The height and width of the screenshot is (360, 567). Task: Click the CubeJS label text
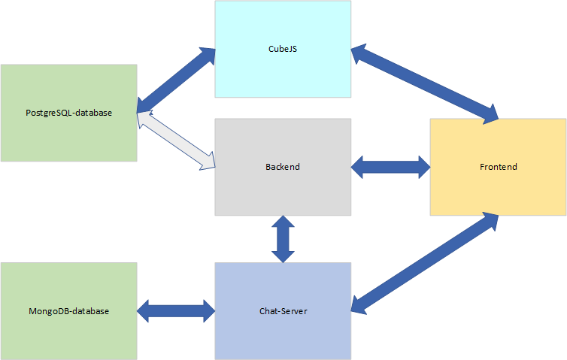pyautogui.click(x=283, y=49)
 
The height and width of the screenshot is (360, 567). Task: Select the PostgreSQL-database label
pyautogui.click(x=68, y=113)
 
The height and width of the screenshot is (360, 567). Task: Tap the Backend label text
pyautogui.click(x=283, y=167)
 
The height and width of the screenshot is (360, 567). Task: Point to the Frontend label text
pyautogui.click(x=498, y=167)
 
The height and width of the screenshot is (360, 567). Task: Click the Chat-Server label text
pyautogui.click(x=283, y=310)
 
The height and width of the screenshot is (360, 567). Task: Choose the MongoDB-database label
pyautogui.click(x=68, y=310)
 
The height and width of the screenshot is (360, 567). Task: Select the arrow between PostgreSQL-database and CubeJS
pyautogui.click(x=176, y=80)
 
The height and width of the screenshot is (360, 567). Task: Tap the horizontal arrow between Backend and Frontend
pyautogui.click(x=390, y=167)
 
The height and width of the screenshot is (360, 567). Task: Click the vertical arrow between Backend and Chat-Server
pyautogui.click(x=283, y=239)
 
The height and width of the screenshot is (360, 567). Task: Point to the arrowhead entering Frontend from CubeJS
pyautogui.click(x=488, y=114)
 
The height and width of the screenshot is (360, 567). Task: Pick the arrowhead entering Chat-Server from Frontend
pyautogui.click(x=361, y=301)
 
